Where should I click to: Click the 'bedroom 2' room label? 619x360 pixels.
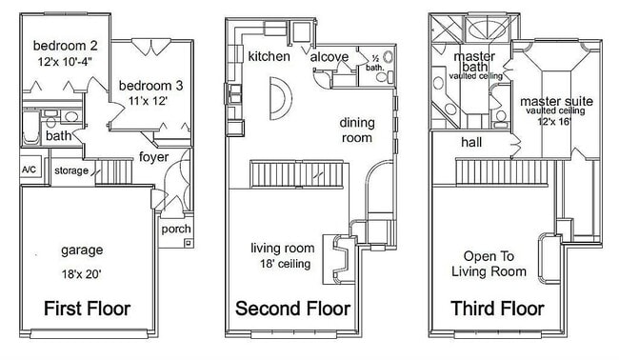click(65, 46)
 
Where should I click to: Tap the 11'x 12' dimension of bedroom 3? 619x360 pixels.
click(148, 101)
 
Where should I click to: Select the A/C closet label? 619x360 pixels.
click(29, 170)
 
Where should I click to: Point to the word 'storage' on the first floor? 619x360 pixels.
click(71, 170)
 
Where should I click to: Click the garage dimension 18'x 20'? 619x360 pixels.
click(81, 273)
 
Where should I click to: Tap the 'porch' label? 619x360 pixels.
click(176, 229)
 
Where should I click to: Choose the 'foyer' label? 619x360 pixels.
click(153, 157)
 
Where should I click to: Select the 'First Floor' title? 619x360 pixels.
click(87, 309)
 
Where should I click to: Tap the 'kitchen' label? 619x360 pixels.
click(269, 56)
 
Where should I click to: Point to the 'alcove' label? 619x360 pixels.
click(329, 57)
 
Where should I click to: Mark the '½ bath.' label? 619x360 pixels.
click(375, 63)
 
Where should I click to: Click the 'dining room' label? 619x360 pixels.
click(357, 130)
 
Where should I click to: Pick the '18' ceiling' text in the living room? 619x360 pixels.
click(285, 264)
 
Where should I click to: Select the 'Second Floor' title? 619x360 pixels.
click(292, 309)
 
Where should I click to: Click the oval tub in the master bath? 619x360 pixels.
click(487, 29)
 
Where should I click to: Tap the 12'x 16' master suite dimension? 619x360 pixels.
click(554, 121)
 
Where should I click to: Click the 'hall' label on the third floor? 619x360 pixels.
click(471, 142)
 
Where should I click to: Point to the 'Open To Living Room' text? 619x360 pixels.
click(489, 264)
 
